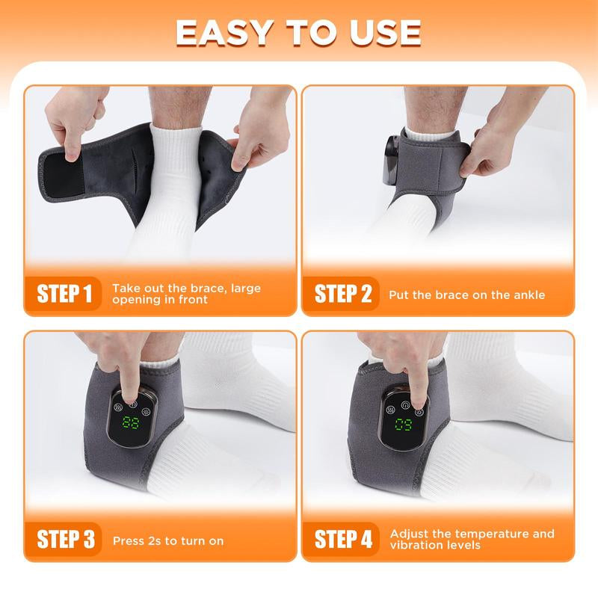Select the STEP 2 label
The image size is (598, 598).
coord(343,294)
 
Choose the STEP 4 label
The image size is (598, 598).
coord(343,540)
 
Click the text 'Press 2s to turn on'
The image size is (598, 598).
coord(168,540)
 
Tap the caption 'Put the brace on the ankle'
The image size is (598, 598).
coord(466,295)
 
